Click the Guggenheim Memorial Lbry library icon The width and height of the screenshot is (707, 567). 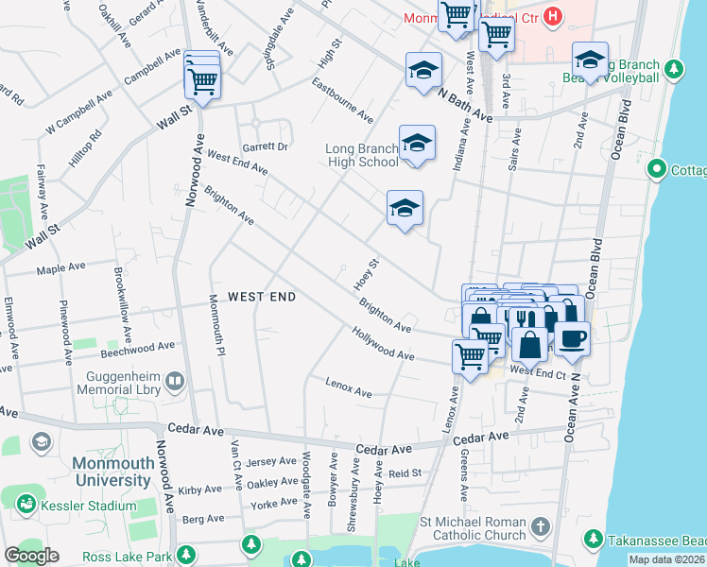(175, 381)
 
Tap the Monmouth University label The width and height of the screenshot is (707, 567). (112, 472)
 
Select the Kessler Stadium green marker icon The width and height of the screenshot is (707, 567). (26, 506)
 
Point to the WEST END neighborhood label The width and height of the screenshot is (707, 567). (262, 297)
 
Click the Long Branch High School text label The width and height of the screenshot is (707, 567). (362, 155)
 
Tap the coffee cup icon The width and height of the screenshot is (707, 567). (571, 337)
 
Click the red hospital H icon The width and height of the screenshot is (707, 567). (554, 17)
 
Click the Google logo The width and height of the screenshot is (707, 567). (31, 555)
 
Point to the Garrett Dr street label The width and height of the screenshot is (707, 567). (265, 146)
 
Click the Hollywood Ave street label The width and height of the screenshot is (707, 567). (383, 343)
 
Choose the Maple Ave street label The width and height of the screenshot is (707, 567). (62, 270)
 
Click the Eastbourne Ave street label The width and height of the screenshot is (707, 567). (343, 99)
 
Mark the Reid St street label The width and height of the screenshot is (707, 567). (404, 472)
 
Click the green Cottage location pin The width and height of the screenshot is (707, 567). (656, 169)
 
